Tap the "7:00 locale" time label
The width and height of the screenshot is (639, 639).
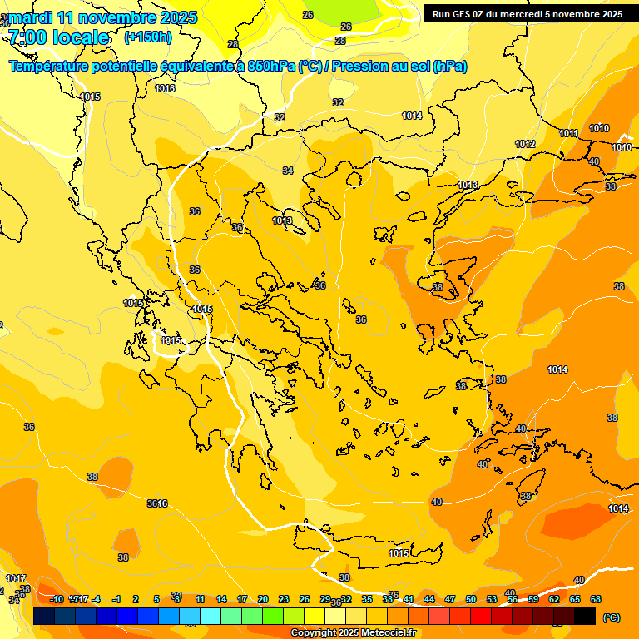tap(58, 37)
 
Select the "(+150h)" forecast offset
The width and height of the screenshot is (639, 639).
tap(148, 37)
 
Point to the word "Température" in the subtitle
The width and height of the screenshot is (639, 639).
tap(50, 66)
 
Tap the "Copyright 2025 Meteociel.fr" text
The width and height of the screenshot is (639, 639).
tap(353, 632)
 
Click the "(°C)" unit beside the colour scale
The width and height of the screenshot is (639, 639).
tap(611, 617)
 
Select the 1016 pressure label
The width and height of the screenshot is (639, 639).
tap(165, 88)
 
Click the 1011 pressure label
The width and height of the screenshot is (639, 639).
tap(569, 133)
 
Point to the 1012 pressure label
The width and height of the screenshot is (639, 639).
tap(525, 144)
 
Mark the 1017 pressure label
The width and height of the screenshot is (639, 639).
tap(16, 578)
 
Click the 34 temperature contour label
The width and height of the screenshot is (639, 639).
tap(288, 171)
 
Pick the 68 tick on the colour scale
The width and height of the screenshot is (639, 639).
tap(596, 599)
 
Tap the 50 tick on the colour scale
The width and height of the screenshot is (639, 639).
tap(471, 599)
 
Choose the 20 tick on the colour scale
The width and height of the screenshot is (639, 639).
tap(263, 599)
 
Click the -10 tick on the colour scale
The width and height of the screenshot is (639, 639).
tap(57, 599)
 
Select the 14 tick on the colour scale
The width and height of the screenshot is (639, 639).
tap(221, 599)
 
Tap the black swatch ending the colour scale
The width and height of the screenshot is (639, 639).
tap(585, 617)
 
